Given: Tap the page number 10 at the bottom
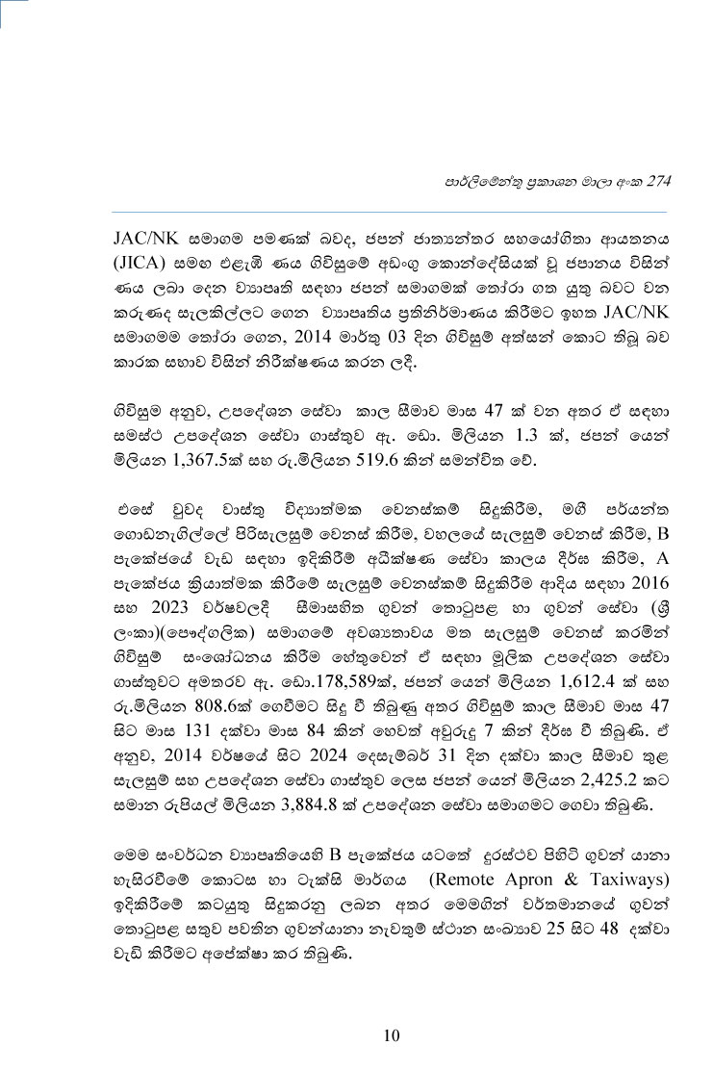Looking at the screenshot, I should pos(391,1035).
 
